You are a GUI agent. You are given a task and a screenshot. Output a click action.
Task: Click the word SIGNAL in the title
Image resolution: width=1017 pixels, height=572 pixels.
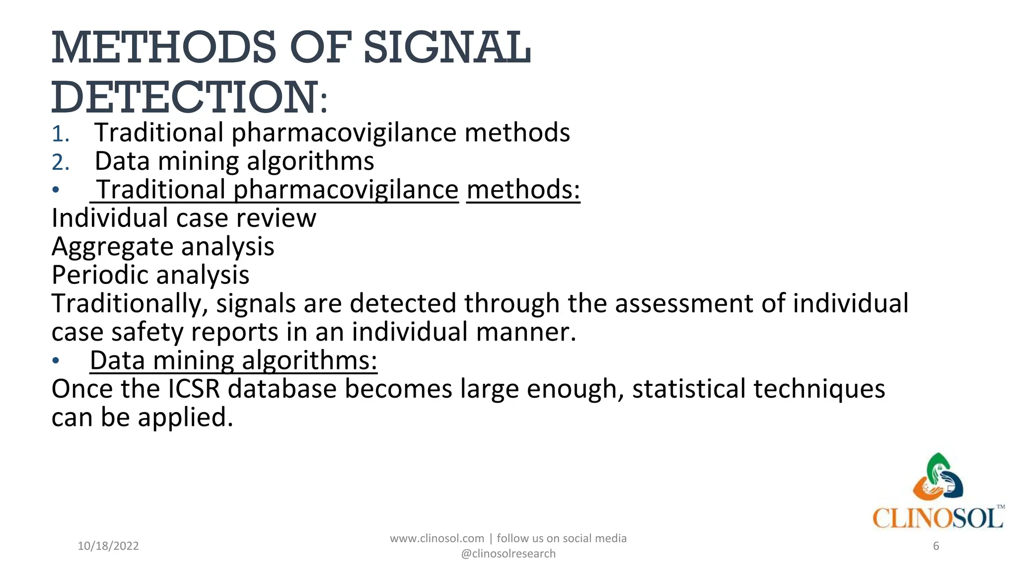[x=447, y=48]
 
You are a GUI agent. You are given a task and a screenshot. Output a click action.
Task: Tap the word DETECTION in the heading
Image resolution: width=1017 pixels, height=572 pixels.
[x=185, y=97]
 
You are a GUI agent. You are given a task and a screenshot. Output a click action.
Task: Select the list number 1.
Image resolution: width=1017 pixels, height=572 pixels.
[x=60, y=134]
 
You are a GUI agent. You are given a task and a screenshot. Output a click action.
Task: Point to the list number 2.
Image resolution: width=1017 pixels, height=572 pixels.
[x=60, y=163]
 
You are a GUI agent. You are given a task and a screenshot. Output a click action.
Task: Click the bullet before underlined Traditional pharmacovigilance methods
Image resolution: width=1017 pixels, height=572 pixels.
[x=56, y=190]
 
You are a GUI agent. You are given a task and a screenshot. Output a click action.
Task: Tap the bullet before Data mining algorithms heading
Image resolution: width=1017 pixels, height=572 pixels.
[x=56, y=361]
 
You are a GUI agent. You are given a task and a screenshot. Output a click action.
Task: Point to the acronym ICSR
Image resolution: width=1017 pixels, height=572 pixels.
[x=194, y=389]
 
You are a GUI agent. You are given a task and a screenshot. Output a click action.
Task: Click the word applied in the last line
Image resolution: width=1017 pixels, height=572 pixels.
[x=185, y=418]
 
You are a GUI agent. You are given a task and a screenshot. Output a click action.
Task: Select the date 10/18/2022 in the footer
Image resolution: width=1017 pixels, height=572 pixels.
[x=108, y=546]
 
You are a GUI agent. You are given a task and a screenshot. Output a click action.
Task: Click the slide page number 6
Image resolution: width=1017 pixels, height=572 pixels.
[x=936, y=546]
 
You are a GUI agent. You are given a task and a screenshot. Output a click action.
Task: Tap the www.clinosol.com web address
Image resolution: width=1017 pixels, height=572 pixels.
[x=437, y=539]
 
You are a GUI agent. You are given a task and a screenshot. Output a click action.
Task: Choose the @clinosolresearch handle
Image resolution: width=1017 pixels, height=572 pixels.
[x=508, y=554]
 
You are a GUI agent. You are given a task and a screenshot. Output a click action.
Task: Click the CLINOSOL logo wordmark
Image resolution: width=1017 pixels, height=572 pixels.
[x=938, y=518]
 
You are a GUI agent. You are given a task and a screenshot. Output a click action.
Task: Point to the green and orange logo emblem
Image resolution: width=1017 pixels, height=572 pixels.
[x=938, y=477]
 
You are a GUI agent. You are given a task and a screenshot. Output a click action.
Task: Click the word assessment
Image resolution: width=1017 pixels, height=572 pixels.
[x=684, y=304]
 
